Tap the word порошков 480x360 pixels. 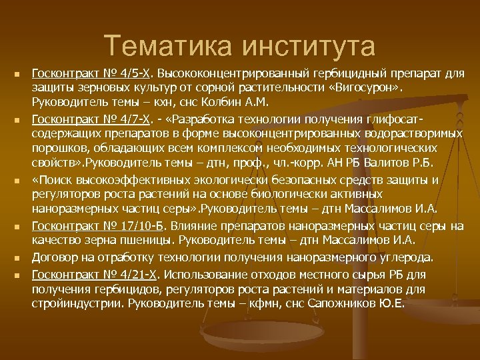59,149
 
